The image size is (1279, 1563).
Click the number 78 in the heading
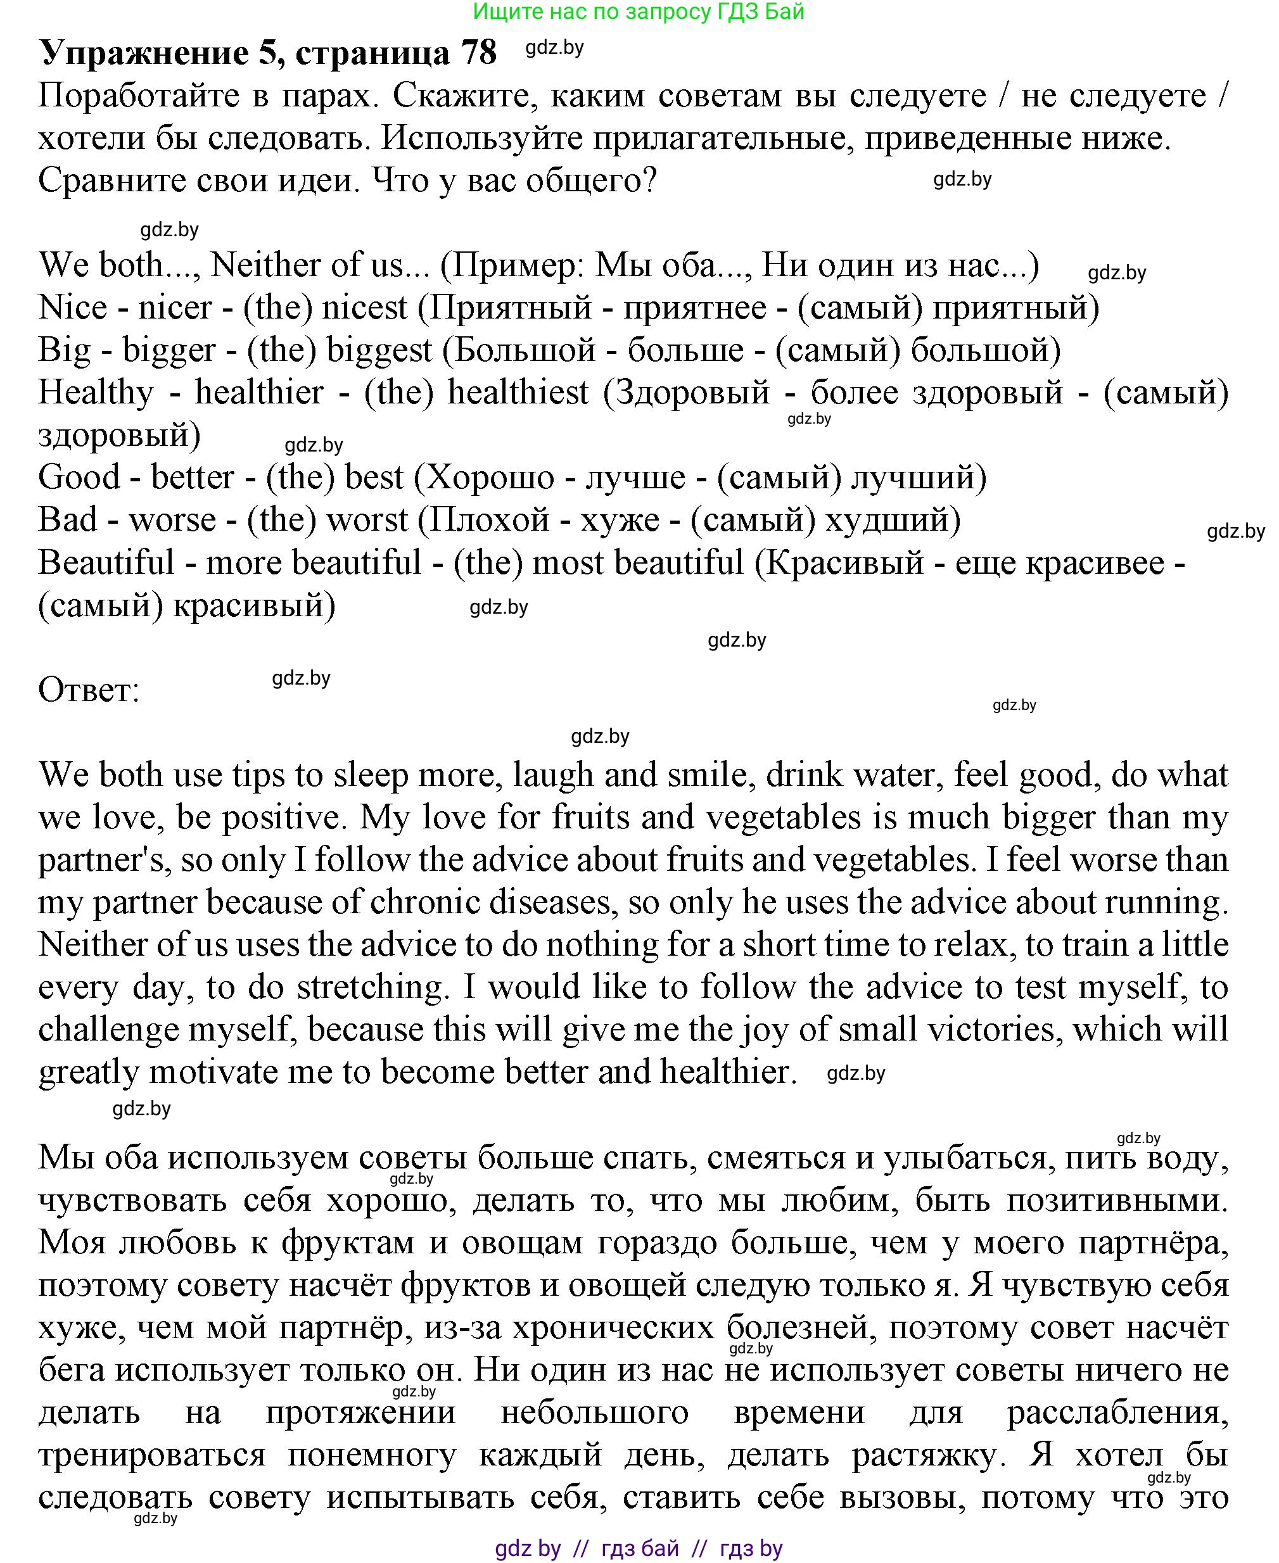478,53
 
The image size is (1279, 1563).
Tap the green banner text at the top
638,12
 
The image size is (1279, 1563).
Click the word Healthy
96,393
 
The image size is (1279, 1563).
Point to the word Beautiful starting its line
106,563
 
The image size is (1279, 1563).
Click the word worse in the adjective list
172,520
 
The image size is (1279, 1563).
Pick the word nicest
364,307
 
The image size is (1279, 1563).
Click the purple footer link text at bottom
638,1548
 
